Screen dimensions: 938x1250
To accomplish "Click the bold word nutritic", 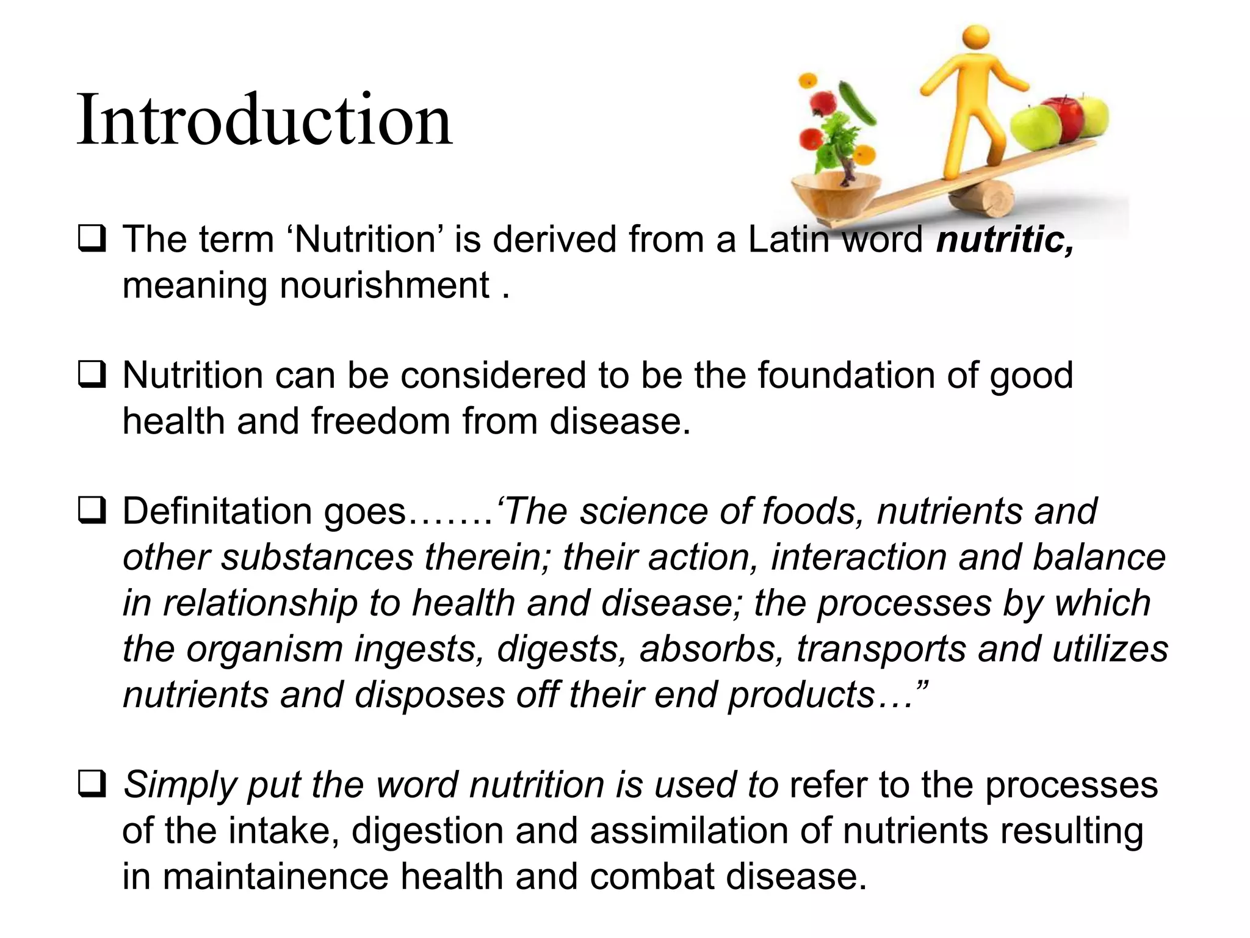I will [x=1005, y=239].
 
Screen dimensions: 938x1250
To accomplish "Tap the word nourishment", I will [x=385, y=285].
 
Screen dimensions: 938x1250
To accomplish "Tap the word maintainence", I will [x=275, y=877].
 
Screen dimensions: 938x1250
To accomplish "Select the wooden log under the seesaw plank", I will [x=983, y=200].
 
